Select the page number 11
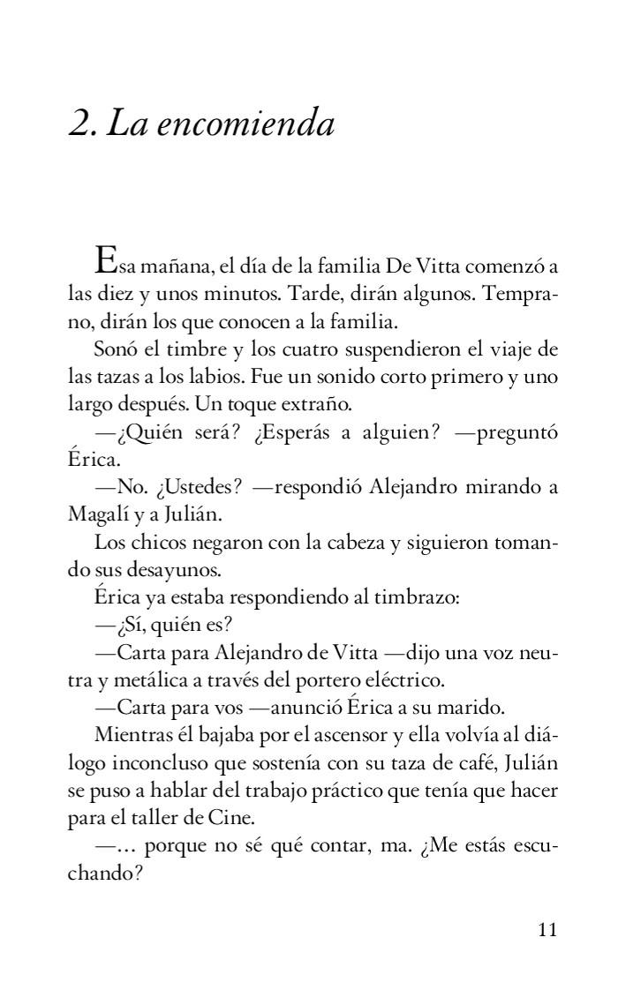pos(547,930)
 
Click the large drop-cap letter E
pos(105,262)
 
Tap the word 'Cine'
pos(207,820)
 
